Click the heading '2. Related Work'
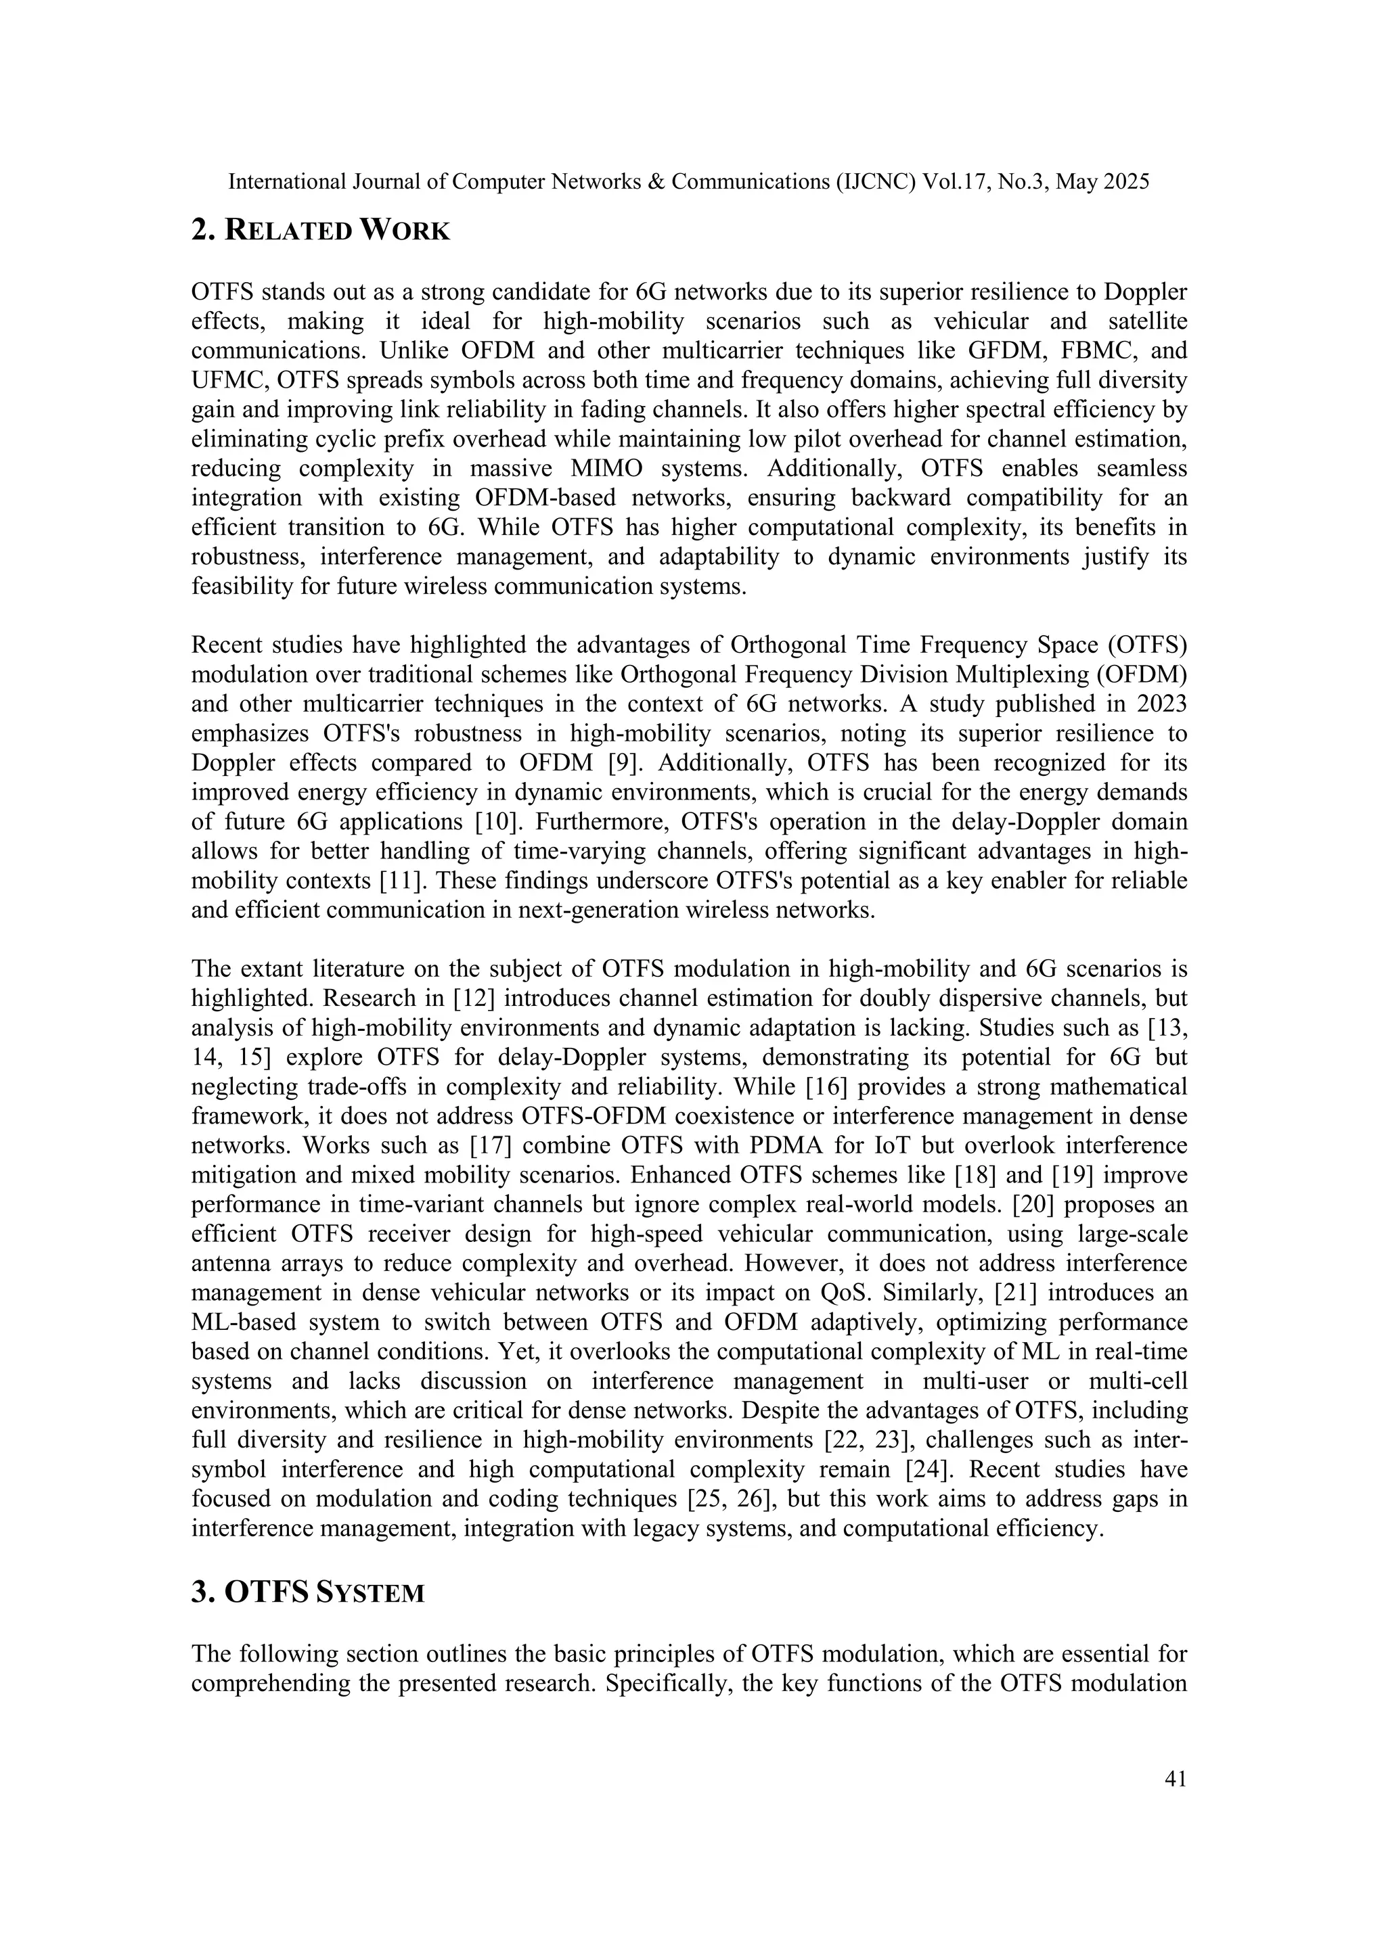tap(320, 231)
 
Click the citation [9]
tap(623, 762)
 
